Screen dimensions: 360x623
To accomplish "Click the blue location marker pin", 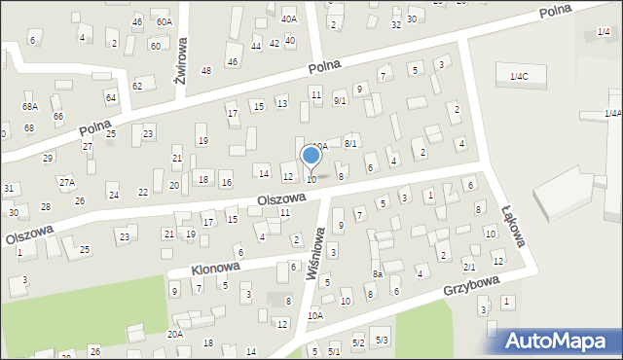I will click(311, 157).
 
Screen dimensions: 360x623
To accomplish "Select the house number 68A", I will click(30, 106).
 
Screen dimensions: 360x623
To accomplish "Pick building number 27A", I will click(66, 182).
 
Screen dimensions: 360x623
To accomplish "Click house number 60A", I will click(164, 21).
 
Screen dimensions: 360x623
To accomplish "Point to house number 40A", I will click(289, 18).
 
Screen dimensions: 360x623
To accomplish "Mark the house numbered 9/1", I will click(340, 100).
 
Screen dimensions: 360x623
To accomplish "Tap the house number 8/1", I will click(350, 143).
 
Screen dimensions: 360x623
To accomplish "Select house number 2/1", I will click(468, 267).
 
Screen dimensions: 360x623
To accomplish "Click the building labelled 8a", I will click(377, 274).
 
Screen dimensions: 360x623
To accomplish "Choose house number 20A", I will click(174, 334).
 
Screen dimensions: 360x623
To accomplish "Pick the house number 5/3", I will click(382, 339).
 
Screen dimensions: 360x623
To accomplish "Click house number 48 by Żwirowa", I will click(206, 70).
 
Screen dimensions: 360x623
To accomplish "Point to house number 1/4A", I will click(611, 113).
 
